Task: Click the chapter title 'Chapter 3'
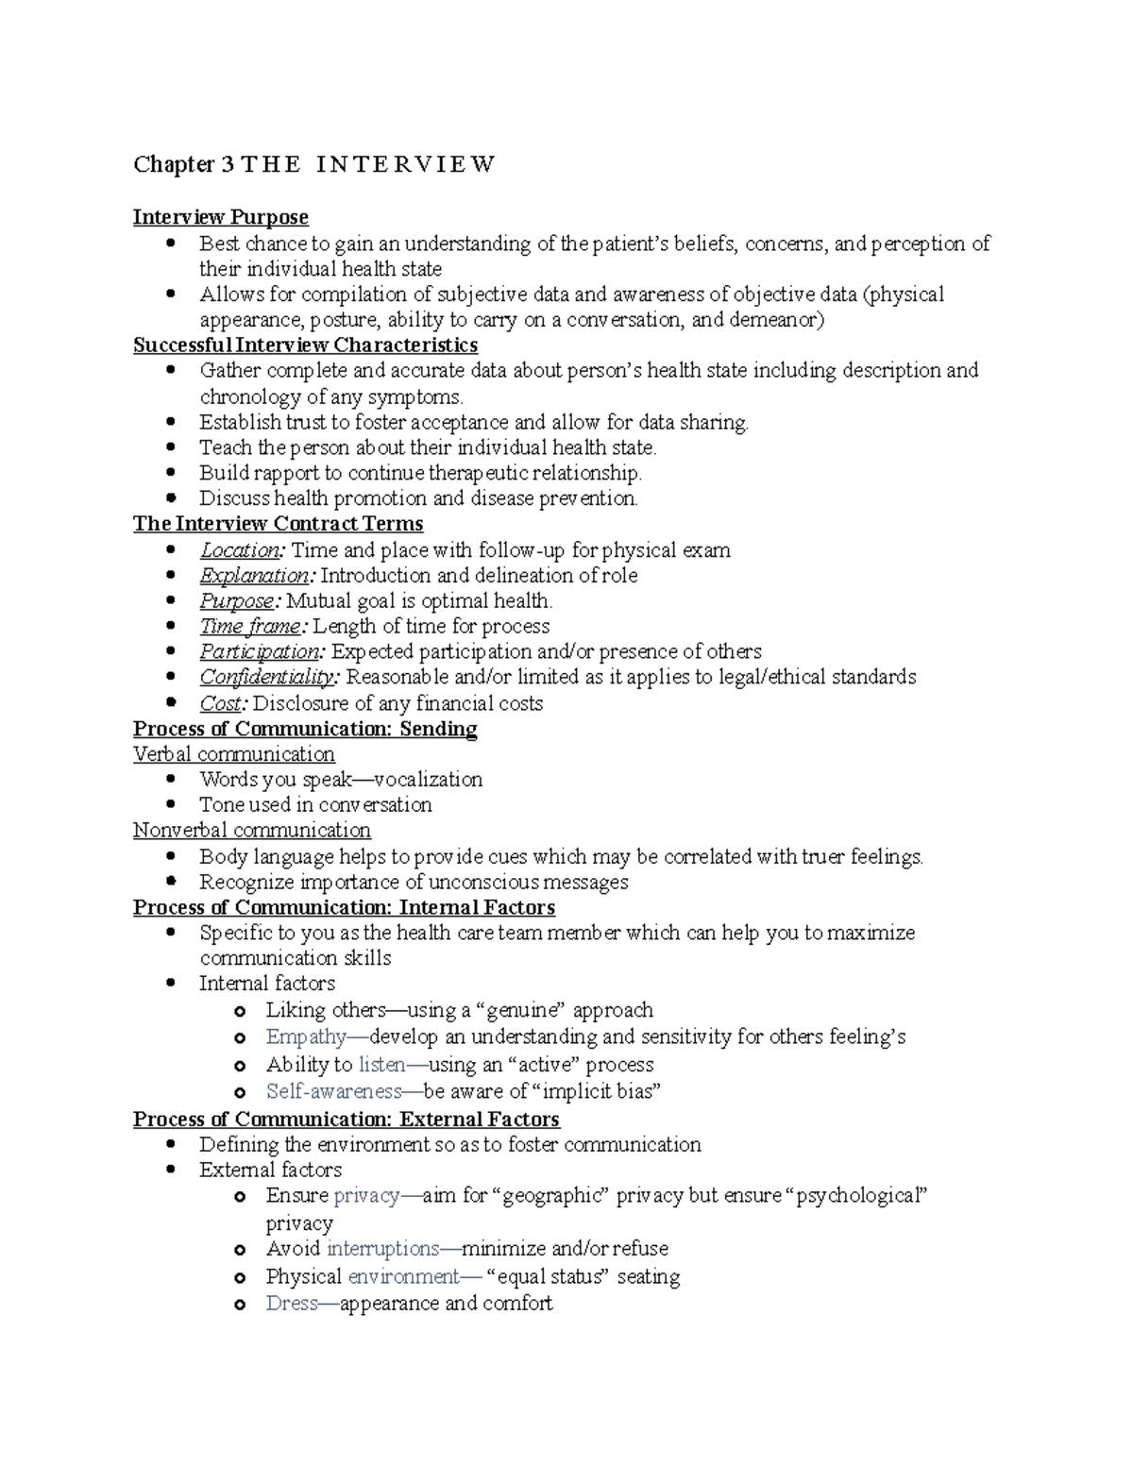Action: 185,164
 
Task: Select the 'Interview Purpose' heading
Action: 221,217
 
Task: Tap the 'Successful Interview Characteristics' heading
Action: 305,345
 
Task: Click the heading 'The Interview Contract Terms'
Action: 278,524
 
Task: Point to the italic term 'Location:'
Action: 241,549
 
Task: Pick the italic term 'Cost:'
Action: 224,703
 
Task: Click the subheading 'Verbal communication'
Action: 234,754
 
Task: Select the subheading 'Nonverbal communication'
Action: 252,830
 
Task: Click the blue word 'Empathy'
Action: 306,1036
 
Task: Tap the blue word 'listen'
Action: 382,1064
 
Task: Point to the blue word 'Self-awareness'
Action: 334,1091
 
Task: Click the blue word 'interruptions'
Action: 382,1248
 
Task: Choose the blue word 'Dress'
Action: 292,1303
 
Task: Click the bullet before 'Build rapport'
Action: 170,473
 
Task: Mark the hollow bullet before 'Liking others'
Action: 241,1011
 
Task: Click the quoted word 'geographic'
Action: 553,1195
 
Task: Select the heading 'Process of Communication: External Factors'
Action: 347,1120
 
